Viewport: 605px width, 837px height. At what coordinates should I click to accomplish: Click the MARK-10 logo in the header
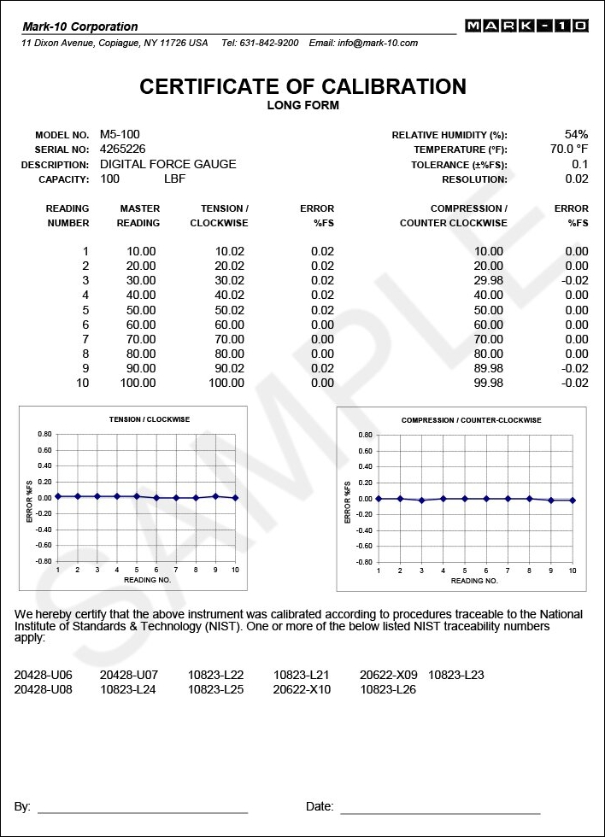(x=526, y=26)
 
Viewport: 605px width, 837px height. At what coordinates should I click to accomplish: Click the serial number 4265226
(x=123, y=149)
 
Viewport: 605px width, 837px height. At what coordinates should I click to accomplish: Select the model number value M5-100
(x=120, y=135)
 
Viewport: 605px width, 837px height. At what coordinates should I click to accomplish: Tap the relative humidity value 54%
(x=576, y=135)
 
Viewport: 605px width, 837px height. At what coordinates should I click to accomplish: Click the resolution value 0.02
(x=577, y=179)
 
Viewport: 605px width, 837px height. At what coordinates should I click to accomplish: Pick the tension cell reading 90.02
(x=229, y=368)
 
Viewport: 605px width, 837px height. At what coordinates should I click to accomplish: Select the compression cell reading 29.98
(x=489, y=281)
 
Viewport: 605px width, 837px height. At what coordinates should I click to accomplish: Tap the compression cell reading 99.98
(x=489, y=383)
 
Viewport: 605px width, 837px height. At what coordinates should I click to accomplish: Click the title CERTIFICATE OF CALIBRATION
(x=302, y=86)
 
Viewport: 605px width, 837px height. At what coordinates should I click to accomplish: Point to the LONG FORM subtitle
(x=302, y=106)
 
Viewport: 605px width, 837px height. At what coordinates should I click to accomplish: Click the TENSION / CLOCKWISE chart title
(x=150, y=419)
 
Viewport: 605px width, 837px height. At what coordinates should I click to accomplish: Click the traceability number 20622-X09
(x=387, y=675)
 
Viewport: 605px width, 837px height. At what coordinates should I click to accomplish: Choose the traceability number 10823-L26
(x=387, y=689)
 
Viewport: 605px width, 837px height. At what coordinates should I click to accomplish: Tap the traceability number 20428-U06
(x=44, y=675)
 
